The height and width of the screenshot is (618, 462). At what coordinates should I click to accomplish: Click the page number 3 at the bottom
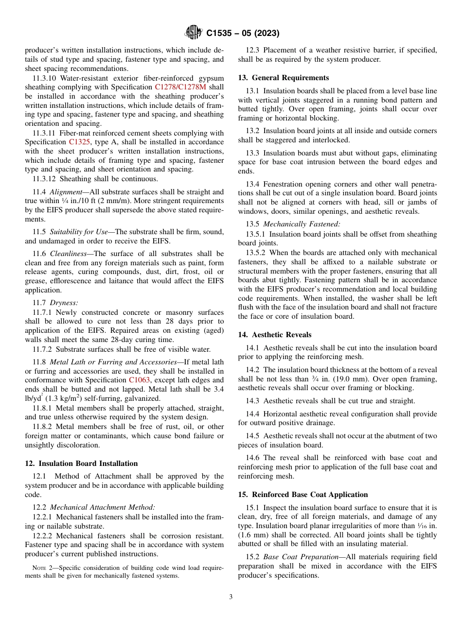[231, 597]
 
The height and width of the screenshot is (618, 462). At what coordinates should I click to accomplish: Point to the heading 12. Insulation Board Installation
[81, 463]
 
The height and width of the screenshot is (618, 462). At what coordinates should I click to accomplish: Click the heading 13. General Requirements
[283, 78]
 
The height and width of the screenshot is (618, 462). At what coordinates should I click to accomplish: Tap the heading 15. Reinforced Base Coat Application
[302, 495]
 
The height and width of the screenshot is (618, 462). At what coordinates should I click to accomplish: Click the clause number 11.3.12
[43, 178]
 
